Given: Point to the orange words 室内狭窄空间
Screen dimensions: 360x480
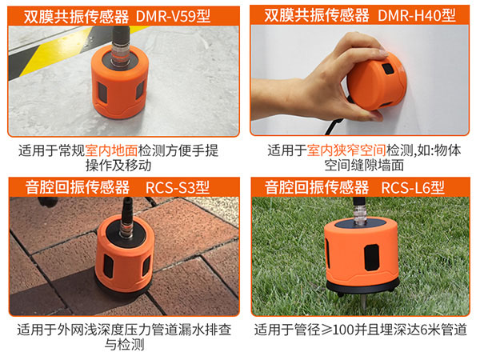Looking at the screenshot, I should (x=344, y=150).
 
